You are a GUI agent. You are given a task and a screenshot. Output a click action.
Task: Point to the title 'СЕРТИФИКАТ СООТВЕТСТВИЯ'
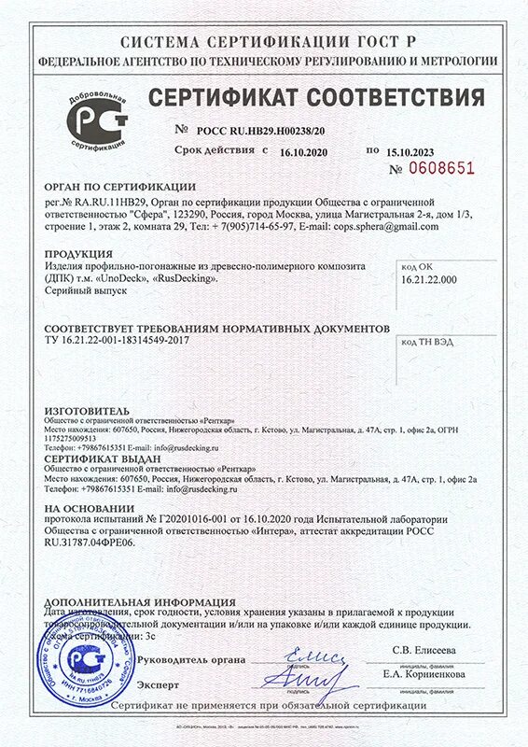point(317,98)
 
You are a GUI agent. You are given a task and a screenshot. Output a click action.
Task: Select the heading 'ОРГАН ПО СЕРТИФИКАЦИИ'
point(120,186)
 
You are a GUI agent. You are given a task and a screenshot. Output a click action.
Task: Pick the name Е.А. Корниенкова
point(422,673)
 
